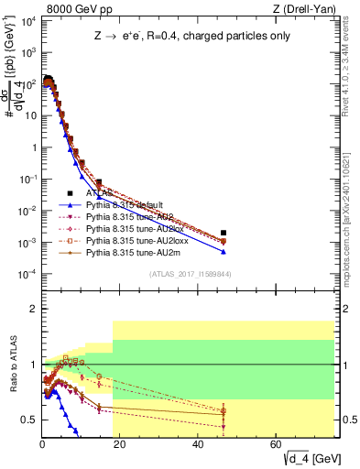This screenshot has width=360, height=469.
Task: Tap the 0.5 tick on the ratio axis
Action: pos(30,420)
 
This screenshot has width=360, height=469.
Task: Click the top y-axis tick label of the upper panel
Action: pos(27,20)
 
